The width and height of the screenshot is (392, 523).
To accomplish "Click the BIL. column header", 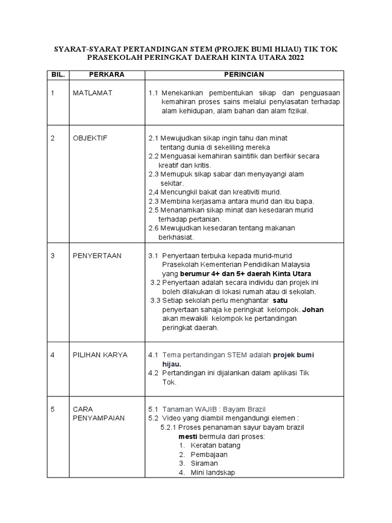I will pos(58,75).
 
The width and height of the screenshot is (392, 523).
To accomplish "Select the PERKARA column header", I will pos(107,75).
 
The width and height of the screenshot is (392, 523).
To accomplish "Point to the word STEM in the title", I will pos(198,49).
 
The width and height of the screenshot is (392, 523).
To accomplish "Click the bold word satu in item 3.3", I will pos(280,300).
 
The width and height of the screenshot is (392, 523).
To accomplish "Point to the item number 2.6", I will pos(153,228).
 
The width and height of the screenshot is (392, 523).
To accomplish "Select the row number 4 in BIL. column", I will pos(53,354).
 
